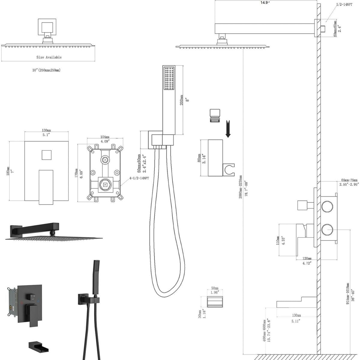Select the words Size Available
point(49,57)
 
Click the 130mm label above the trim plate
point(46,130)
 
